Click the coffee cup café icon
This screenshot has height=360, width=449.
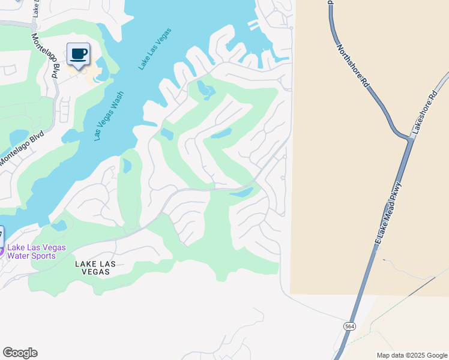click(x=78, y=54)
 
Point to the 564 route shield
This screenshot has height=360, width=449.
click(x=349, y=326)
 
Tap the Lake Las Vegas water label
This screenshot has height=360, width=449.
click(x=155, y=49)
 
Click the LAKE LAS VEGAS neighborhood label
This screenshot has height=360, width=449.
click(x=92, y=267)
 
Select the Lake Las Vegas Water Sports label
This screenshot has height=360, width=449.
click(x=36, y=251)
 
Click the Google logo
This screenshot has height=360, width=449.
click(x=20, y=353)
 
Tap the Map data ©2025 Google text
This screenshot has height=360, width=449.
click(x=411, y=355)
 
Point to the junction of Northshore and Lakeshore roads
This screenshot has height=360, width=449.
click(x=411, y=139)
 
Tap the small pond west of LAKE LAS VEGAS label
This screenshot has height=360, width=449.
click(x=59, y=226)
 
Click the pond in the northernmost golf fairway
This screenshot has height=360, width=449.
click(x=206, y=92)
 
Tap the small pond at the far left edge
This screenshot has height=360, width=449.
click(x=17, y=137)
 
